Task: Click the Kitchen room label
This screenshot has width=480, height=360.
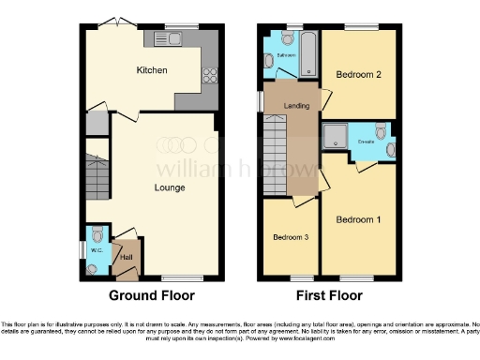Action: pos(151,70)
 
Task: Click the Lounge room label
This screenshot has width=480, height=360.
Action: pos(170,187)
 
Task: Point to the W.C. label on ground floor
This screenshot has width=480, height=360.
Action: pos(96,250)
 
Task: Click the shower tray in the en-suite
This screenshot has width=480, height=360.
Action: pos(335,138)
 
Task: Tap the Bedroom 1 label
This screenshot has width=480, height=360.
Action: pos(358,219)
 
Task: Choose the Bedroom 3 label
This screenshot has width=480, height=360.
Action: pos(290,237)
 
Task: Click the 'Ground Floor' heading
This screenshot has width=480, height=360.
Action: pos(152,295)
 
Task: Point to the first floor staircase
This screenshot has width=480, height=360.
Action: pos(273,160)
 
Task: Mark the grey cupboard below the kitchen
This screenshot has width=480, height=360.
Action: pos(96,124)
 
